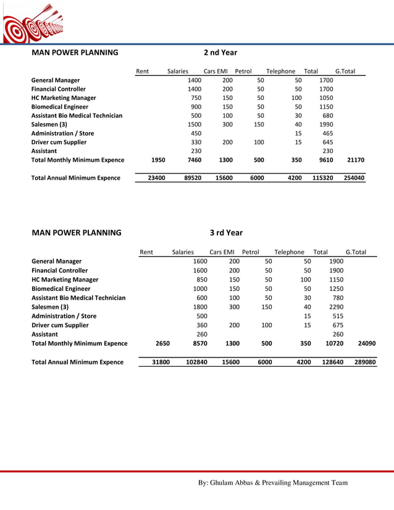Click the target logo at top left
(32, 23)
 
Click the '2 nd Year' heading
(220, 52)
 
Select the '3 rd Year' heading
(226, 233)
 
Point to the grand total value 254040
(353, 178)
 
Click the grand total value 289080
(364, 362)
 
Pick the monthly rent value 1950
(158, 160)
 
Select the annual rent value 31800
(161, 362)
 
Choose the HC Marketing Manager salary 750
(196, 98)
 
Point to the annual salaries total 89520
(193, 178)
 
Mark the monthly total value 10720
(334, 343)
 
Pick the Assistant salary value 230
(196, 151)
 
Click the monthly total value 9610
(326, 160)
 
